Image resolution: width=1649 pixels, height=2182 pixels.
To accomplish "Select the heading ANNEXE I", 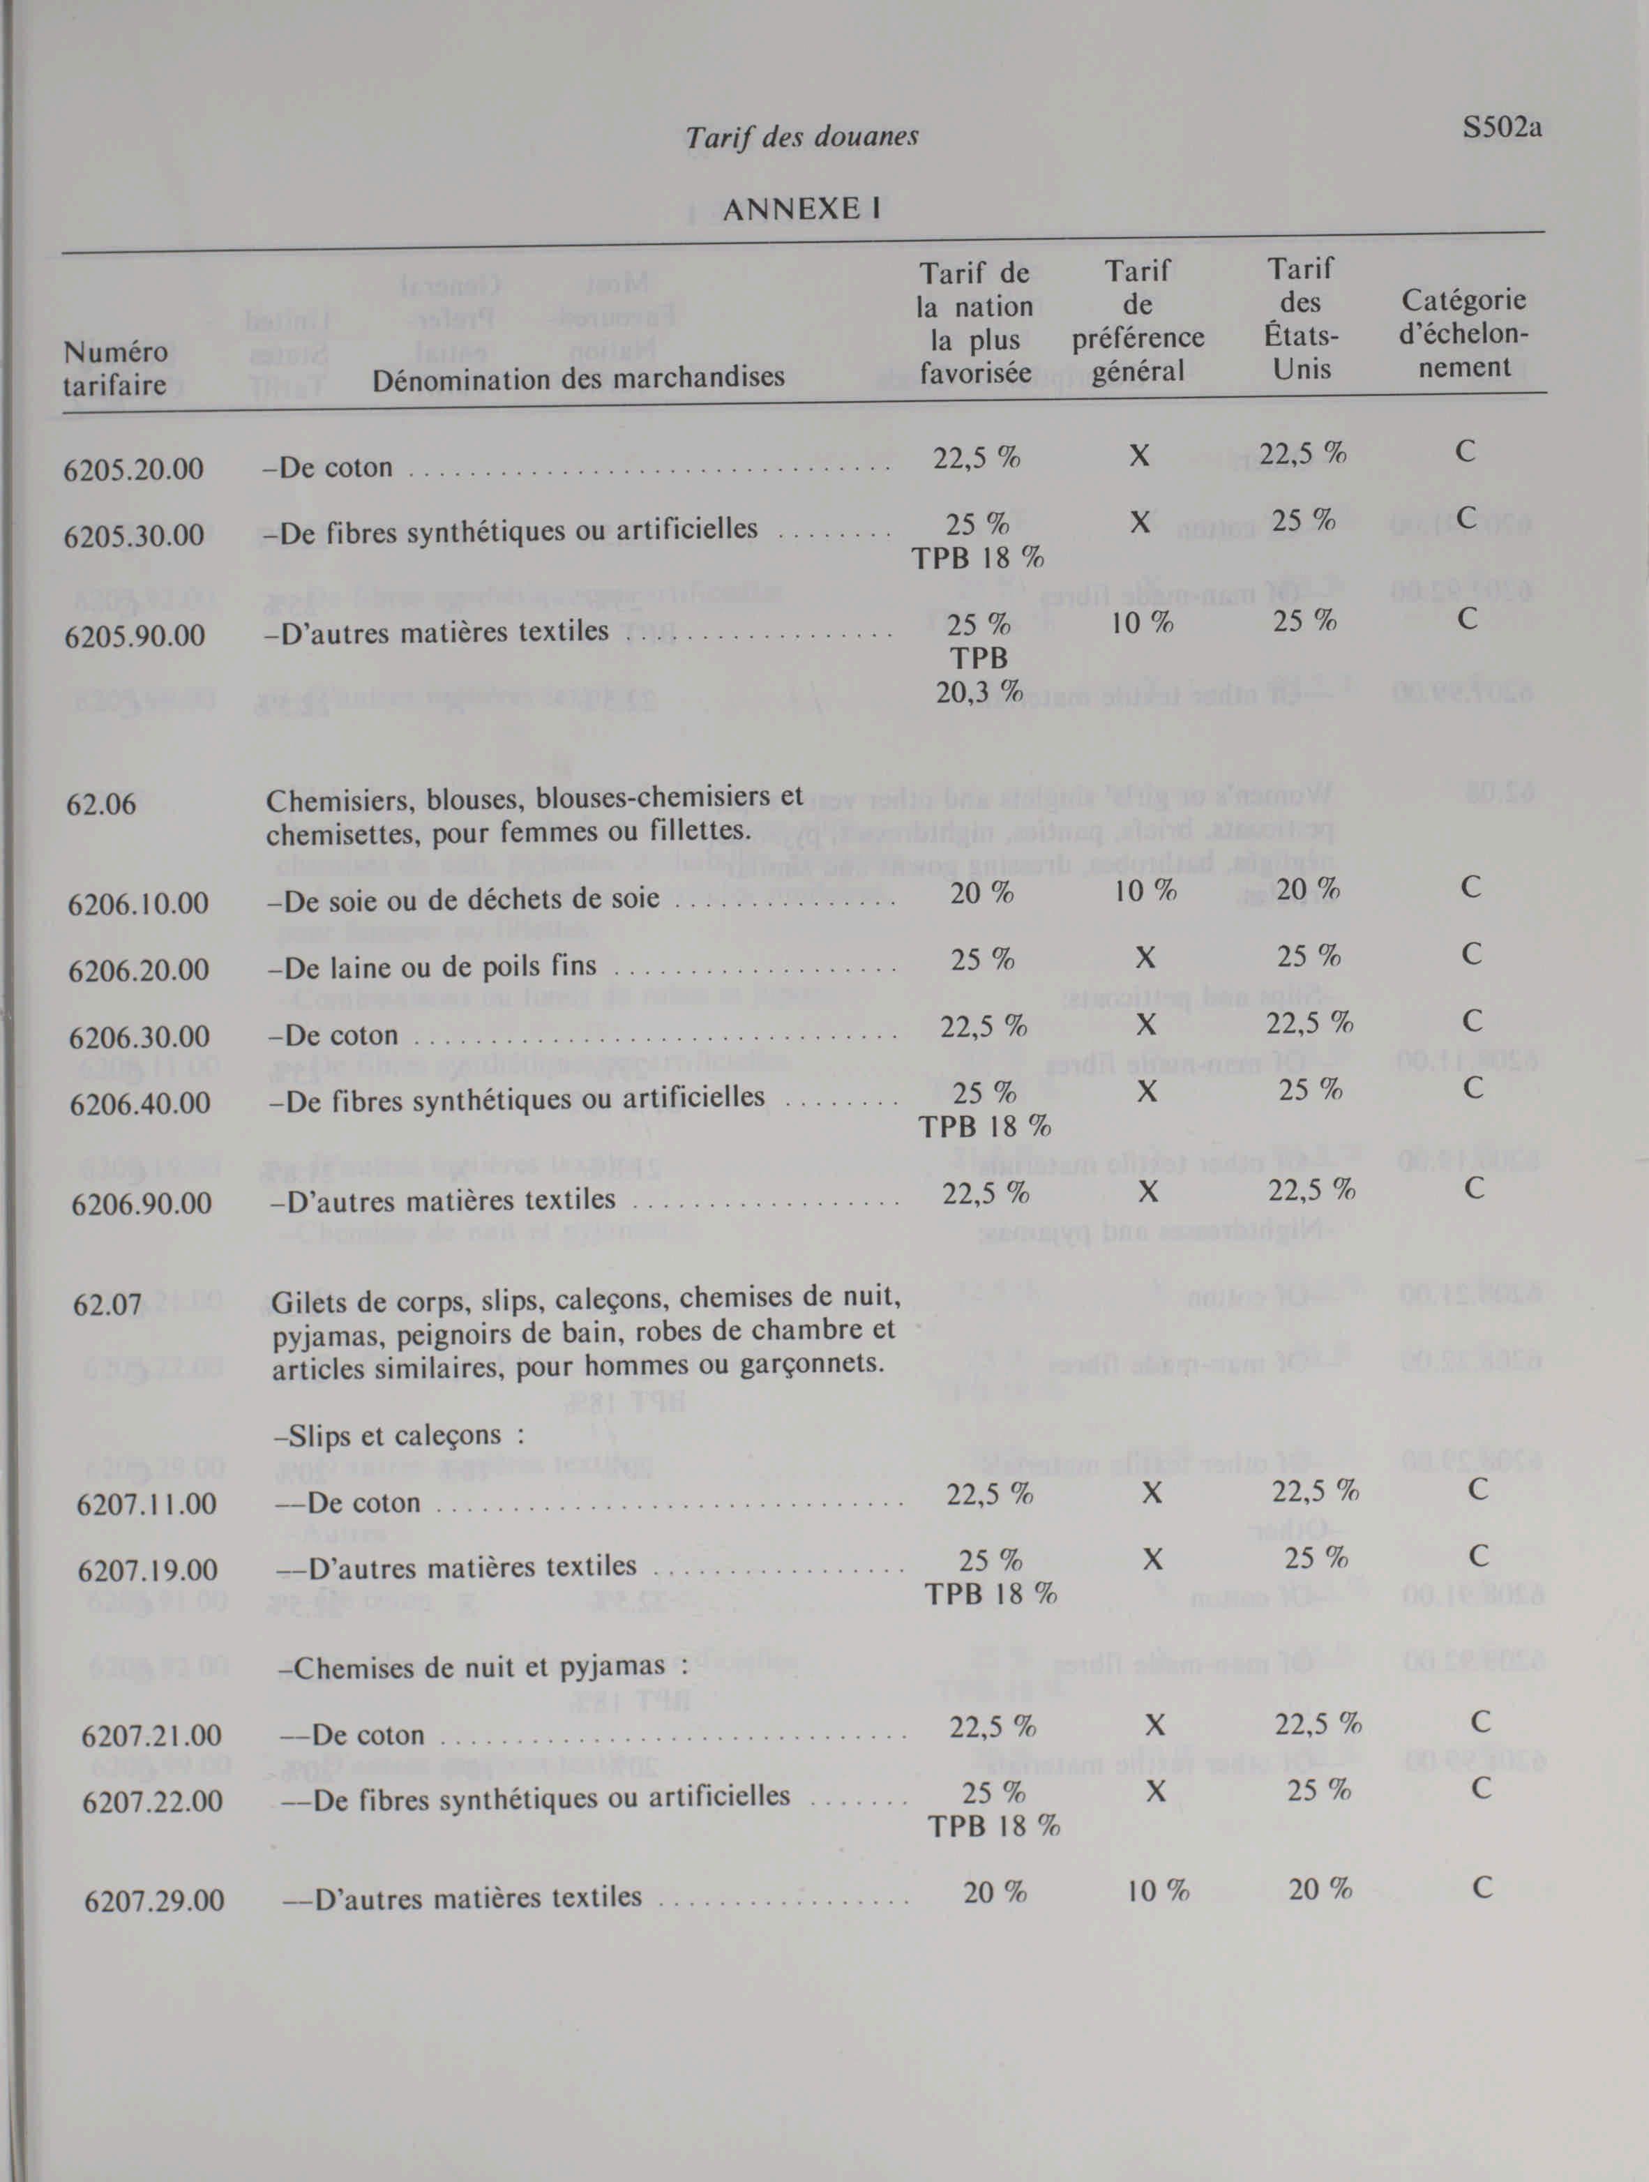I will pos(801,209).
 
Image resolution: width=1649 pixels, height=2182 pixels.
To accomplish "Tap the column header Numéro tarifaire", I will pos(114,368).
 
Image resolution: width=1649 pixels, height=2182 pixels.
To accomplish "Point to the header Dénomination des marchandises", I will pos(578,376).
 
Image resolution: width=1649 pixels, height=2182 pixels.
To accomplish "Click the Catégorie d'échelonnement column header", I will pos(1463,333).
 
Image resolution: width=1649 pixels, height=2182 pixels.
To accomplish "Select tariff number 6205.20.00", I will pos(133,469).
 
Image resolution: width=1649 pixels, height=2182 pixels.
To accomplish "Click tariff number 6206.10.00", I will pos(138,903).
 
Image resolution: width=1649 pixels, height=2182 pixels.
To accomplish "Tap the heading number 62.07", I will pos(107,1305).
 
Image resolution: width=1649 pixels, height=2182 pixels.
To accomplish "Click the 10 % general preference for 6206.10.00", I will pos(1145,891).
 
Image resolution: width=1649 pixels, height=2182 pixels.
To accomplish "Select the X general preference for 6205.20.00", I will pos(1139,455).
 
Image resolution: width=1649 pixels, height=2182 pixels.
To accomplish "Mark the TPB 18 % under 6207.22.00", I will pos(994,1826).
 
